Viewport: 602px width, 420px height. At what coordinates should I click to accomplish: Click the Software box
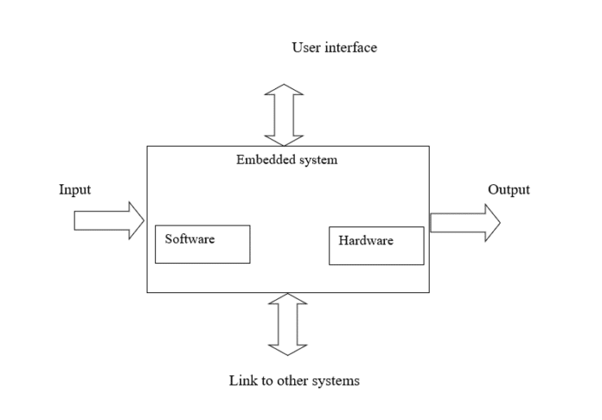point(202,245)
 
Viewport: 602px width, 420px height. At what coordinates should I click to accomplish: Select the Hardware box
point(376,245)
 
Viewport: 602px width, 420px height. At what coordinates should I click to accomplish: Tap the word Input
point(74,190)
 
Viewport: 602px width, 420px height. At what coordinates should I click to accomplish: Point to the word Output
point(509,190)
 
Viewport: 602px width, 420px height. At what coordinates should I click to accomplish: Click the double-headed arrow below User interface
point(285,115)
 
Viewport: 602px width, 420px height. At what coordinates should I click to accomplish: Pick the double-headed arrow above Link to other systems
point(288,324)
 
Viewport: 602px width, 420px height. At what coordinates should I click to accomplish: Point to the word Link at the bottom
point(241,380)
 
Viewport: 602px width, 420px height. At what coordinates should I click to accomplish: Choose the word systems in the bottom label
point(335,380)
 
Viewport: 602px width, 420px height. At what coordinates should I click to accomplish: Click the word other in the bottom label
point(289,380)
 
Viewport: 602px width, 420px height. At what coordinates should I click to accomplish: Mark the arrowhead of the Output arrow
point(490,222)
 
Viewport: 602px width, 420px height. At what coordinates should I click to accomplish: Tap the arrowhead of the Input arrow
point(135,221)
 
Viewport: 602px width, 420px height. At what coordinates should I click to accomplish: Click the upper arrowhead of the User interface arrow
point(285,89)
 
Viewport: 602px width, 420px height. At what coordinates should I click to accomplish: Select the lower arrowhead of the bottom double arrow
point(288,349)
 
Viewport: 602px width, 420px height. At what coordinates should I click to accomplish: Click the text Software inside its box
point(189,239)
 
